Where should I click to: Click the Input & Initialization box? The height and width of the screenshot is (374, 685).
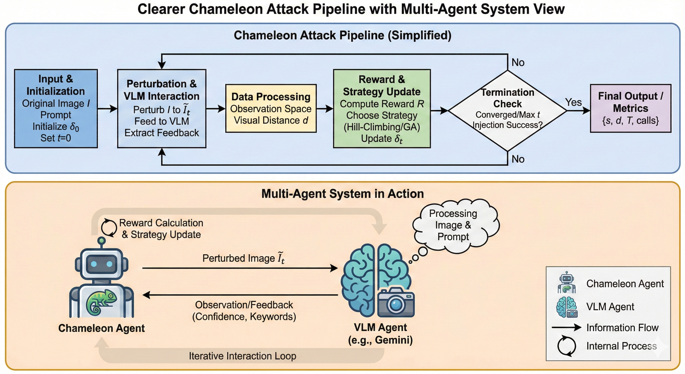click(x=56, y=109)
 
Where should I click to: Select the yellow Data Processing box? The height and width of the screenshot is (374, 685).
click(x=271, y=108)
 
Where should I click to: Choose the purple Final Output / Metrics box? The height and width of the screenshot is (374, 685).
click(x=631, y=108)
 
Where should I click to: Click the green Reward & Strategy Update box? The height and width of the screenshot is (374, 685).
click(x=382, y=109)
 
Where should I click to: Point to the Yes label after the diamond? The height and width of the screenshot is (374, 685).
click(x=573, y=102)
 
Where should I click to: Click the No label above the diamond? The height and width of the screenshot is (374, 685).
click(x=518, y=63)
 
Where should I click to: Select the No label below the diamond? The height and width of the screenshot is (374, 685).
click(x=518, y=159)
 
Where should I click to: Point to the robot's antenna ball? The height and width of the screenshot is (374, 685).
click(x=101, y=241)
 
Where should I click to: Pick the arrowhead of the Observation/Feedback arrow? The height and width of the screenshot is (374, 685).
click(x=146, y=295)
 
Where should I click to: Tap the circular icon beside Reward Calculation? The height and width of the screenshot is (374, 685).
click(x=109, y=228)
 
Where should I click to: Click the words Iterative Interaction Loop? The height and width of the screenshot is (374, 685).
click(x=242, y=356)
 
